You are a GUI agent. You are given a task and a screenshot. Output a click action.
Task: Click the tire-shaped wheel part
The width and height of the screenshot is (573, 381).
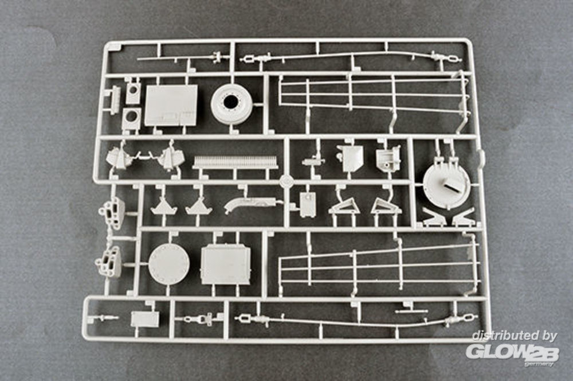pyautogui.click(x=231, y=104)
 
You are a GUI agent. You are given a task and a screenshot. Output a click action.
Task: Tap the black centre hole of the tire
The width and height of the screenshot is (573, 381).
pyautogui.click(x=230, y=102)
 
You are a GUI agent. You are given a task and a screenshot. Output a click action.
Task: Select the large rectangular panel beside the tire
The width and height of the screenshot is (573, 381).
pyautogui.click(x=171, y=106)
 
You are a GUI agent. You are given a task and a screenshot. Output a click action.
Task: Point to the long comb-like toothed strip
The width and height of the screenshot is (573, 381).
pyautogui.click(x=235, y=163)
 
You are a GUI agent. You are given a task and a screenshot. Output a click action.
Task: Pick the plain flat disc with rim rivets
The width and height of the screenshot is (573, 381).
pyautogui.click(x=169, y=264)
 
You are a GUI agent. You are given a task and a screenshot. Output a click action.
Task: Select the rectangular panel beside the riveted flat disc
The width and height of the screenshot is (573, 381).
pyautogui.click(x=226, y=265)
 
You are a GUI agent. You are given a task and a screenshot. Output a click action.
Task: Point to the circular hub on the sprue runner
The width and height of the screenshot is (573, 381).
pyautogui.click(x=286, y=181)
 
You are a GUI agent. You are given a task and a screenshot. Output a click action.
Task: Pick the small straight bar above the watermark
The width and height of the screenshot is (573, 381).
pyautogui.click(x=411, y=312)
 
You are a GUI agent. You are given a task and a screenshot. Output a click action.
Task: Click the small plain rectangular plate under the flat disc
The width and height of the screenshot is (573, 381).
pyautogui.click(x=145, y=319)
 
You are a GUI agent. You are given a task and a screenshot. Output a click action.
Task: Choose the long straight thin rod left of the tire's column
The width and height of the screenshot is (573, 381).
pyautogui.click(x=175, y=58)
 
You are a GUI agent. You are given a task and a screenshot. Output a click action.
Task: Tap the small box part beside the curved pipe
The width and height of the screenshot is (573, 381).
pyautogui.click(x=308, y=205)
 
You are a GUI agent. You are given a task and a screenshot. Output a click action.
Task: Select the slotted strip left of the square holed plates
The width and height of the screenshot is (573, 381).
pyautogui.click(x=115, y=96)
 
